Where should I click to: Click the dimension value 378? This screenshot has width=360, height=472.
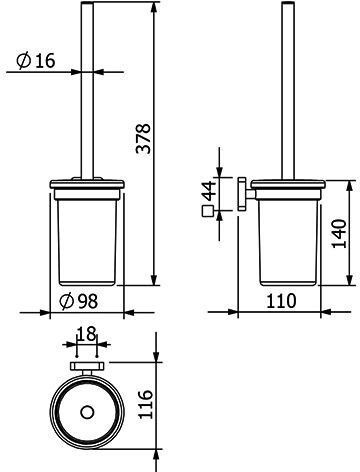[144, 139]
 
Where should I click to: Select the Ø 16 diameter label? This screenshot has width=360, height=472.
[36, 61]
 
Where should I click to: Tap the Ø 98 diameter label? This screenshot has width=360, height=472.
[79, 301]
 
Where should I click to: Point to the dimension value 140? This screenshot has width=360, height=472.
[340, 233]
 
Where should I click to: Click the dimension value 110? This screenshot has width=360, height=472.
[281, 301]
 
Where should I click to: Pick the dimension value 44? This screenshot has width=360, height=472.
[210, 191]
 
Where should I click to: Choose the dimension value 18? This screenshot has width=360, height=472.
[86, 334]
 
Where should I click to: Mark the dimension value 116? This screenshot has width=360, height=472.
[145, 405]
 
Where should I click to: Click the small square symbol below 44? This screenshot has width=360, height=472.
[207, 211]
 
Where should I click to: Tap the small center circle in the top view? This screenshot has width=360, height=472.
[87, 412]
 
